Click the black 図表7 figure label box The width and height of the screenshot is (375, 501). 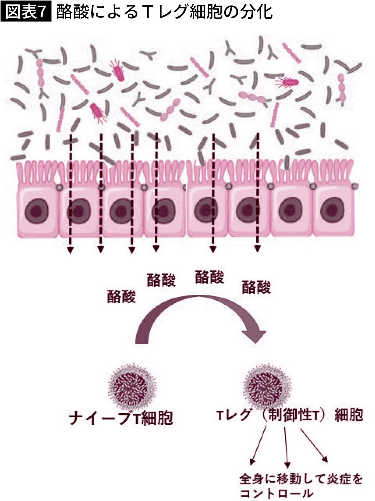tap(26, 12)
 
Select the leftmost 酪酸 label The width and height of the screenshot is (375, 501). tap(121, 296)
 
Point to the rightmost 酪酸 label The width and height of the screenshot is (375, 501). tap(256, 287)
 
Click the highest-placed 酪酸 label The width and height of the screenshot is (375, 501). tap(209, 277)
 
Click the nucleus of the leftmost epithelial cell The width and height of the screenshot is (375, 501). tap(37, 211)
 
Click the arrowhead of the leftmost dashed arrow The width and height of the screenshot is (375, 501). tap(70, 250)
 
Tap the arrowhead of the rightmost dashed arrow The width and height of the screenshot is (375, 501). tap(257, 249)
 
